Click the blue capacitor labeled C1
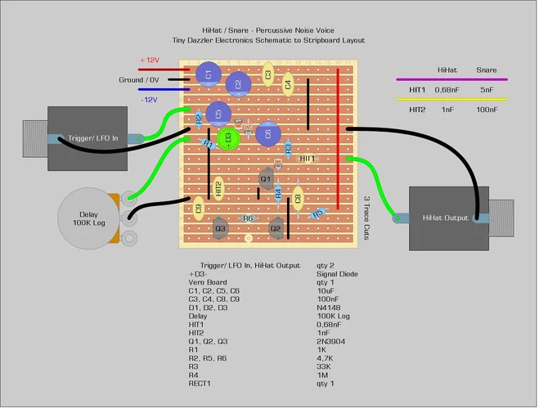click(209, 75)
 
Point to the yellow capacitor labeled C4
click(288, 83)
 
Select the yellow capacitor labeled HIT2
click(218, 189)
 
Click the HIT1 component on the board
click(308, 158)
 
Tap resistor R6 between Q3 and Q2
click(247, 218)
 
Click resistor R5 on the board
click(318, 213)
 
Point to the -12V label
click(148, 99)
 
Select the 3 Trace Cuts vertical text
click(366, 217)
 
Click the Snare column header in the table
click(486, 70)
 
